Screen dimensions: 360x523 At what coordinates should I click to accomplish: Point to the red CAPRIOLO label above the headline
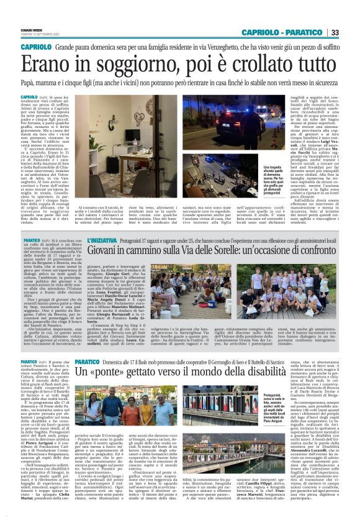click(x=36, y=47)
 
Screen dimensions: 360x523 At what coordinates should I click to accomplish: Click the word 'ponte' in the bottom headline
click(x=118, y=373)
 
